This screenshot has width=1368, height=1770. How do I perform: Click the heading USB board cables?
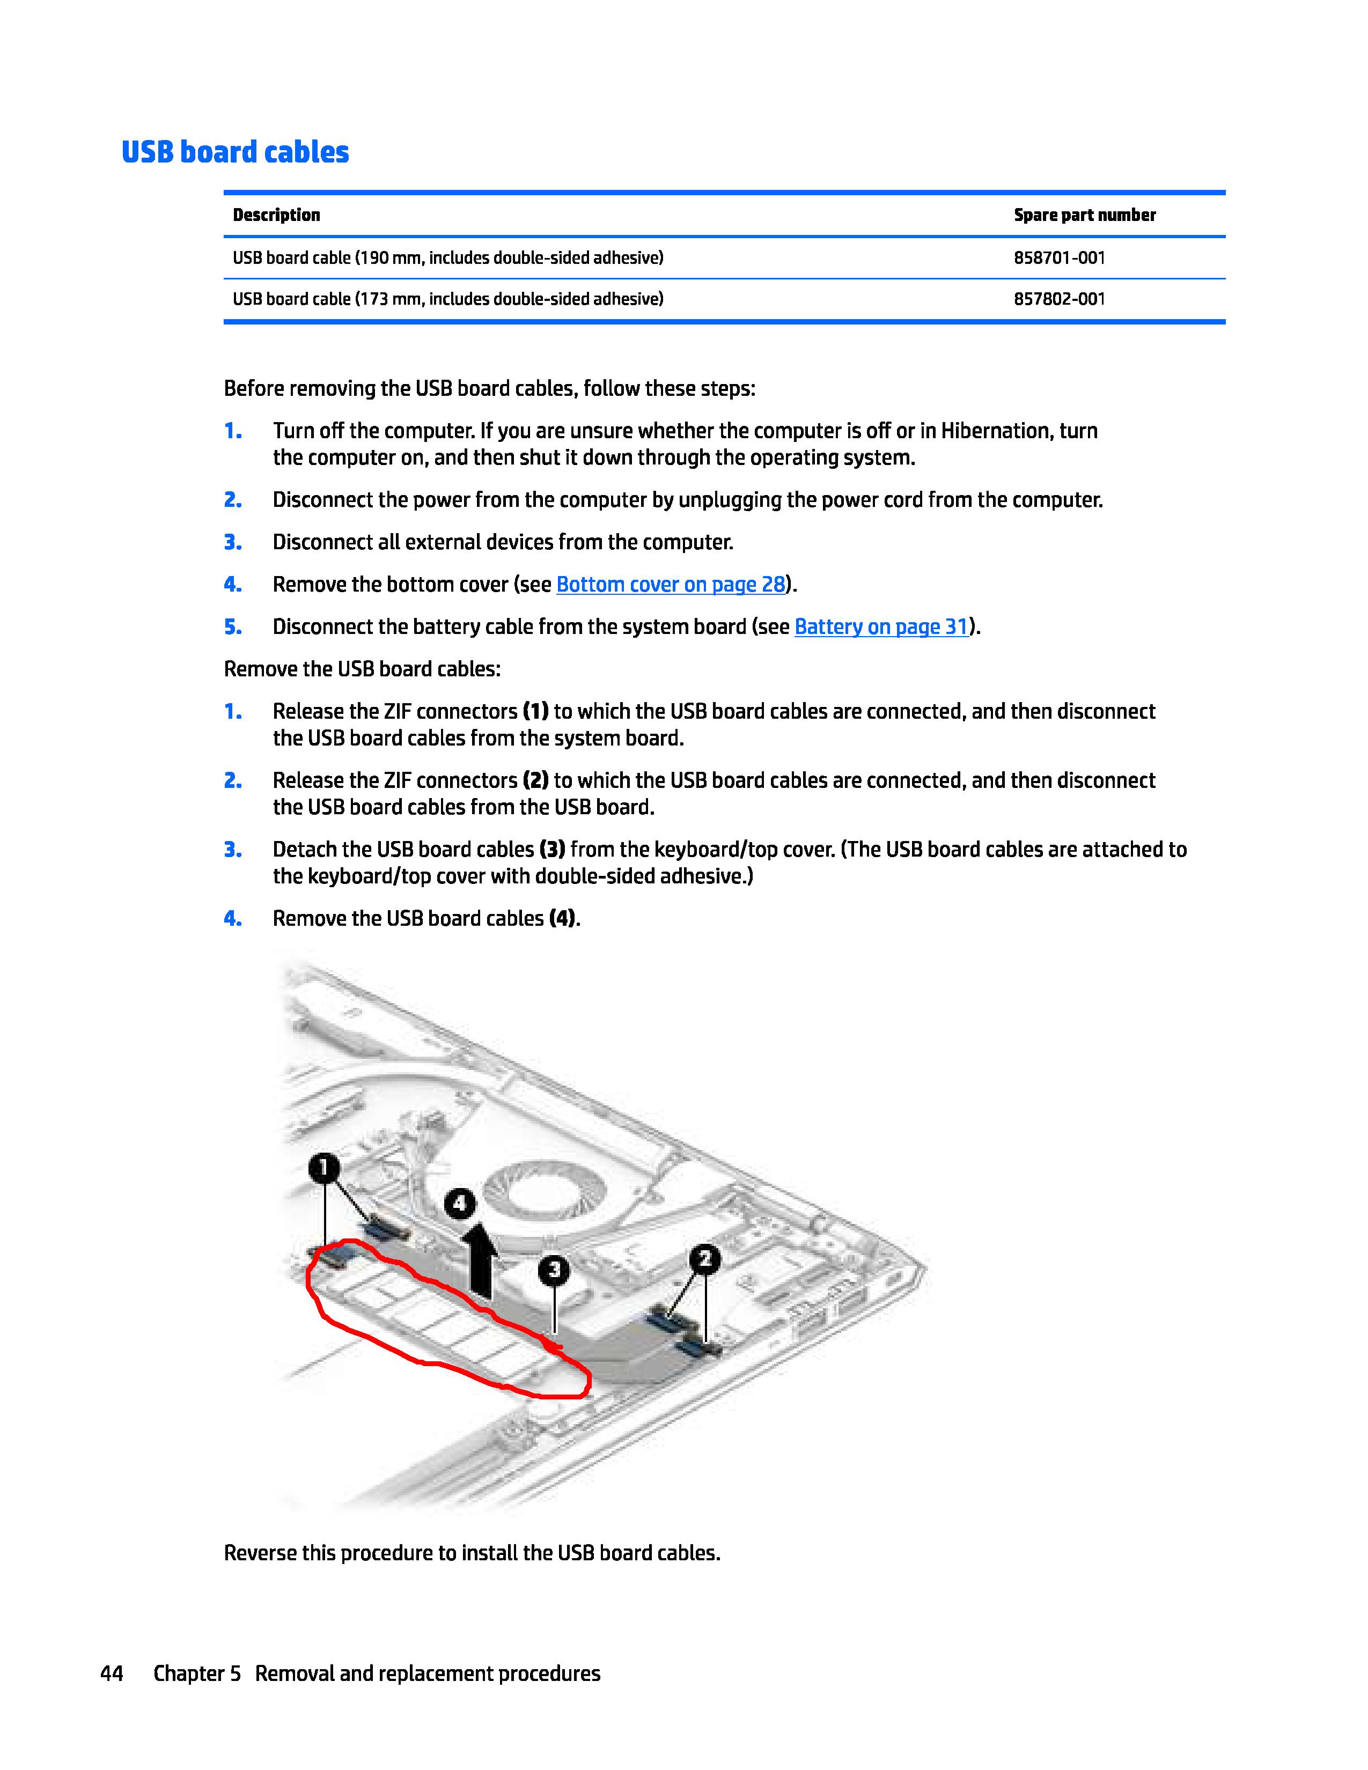point(235,152)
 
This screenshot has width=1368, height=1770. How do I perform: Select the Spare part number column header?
point(1084,215)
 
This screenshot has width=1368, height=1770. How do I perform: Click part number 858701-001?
point(1059,257)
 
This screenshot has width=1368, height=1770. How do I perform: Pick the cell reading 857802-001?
point(1059,299)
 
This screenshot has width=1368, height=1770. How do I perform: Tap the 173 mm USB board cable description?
point(447,299)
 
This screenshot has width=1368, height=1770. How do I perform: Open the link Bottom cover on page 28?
point(670,584)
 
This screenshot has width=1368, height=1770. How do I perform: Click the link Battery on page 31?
point(881,626)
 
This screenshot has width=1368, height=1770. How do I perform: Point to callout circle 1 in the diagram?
point(323,1168)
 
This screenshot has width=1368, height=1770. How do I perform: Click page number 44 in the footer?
point(112,1673)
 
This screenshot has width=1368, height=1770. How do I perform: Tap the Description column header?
point(276,215)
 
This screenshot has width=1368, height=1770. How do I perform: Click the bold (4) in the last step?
point(562,918)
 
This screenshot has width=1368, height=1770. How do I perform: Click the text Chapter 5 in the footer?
point(197,1673)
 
